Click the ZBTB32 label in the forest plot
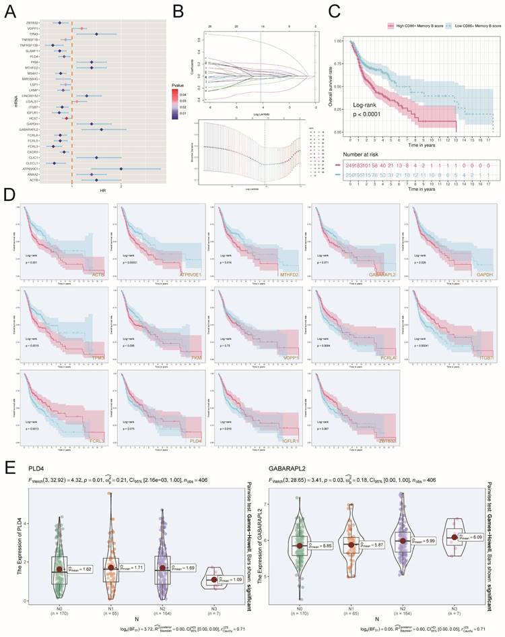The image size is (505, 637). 32,23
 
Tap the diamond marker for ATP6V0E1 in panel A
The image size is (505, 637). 121,169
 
